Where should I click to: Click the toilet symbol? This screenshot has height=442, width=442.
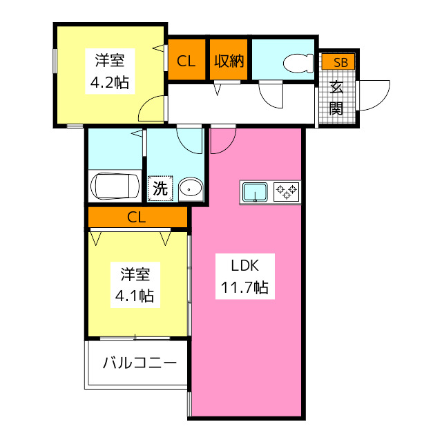pos(298,64)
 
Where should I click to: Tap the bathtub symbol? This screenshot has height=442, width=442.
pos(115,186)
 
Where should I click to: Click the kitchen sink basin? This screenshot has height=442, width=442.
pos(256,192)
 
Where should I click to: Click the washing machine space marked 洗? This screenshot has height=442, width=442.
pos(160,189)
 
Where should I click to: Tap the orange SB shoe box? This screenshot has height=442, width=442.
pos(338,61)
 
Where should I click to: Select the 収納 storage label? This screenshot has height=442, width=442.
pos(229,60)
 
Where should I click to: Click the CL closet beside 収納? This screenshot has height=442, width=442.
pos(186,60)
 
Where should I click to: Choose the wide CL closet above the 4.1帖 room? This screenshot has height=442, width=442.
pos(138,217)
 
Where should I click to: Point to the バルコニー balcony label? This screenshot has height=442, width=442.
pos(140,363)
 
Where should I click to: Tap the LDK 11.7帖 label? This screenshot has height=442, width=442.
pos(245,276)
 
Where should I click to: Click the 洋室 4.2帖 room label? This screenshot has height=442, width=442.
pos(110,71)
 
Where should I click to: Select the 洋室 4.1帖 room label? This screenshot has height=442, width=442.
pos(135,285)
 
